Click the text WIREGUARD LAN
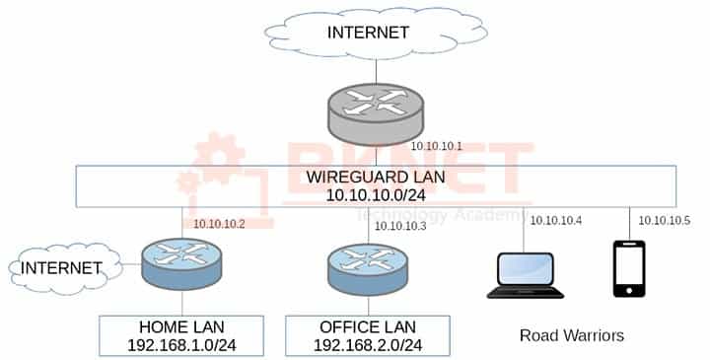point(376,179)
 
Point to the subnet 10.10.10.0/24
point(376,197)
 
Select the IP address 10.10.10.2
point(220,224)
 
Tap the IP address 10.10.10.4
point(555,220)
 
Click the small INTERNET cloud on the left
point(62,267)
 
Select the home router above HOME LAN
point(181,264)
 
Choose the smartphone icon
point(630,268)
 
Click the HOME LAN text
point(181,326)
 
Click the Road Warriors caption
point(572,335)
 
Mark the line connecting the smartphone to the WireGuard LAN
point(630,223)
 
